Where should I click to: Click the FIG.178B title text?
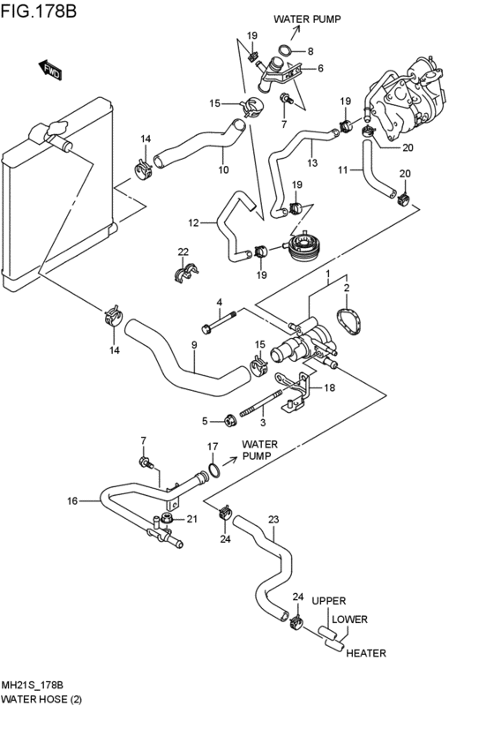38,11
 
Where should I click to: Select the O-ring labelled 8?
285,50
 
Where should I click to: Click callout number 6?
320,69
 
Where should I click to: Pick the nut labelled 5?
230,421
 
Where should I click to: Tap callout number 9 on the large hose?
194,344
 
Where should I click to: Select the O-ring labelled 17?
214,470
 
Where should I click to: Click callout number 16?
72,501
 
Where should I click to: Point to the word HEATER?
366,653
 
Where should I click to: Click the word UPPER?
329,601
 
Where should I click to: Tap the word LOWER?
349,620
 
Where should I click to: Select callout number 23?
273,519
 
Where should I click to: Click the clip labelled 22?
186,273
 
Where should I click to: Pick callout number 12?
193,222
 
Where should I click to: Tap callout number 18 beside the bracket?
329,387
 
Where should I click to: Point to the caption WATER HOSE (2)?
41,699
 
